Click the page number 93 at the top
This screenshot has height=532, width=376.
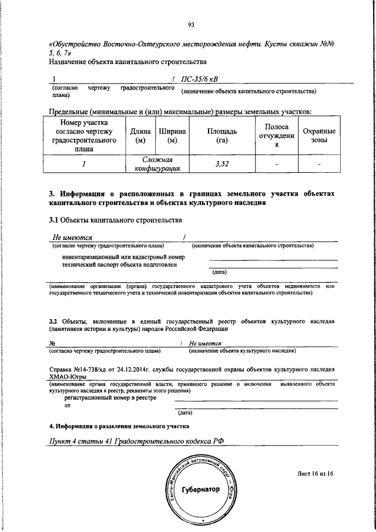(191, 24)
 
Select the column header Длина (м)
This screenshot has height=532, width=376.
(140, 136)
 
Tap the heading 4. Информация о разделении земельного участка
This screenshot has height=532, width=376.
(119, 425)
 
